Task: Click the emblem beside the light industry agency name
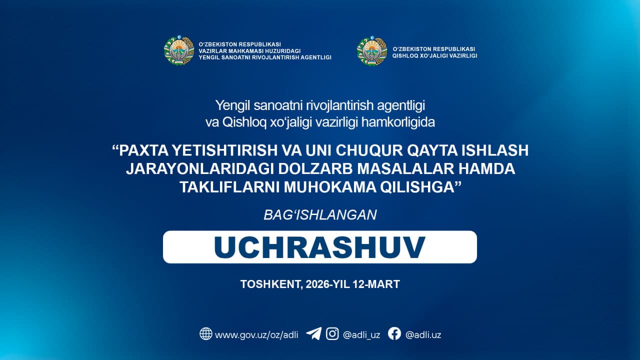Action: (x=179, y=50)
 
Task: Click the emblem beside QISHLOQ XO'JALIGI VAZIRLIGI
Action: (x=371, y=51)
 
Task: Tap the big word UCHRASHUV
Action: (x=319, y=247)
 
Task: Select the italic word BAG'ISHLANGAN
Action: (x=320, y=215)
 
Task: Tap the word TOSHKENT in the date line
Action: (x=271, y=284)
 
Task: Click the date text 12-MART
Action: (x=376, y=284)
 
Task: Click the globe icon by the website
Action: (x=205, y=333)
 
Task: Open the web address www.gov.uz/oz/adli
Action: (x=256, y=335)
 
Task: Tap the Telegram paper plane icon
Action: (x=313, y=333)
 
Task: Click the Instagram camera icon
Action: (x=332, y=333)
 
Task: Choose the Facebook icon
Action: (x=394, y=333)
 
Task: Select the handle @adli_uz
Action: (x=361, y=335)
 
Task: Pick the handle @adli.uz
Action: (x=423, y=335)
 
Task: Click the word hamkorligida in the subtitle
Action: (x=398, y=122)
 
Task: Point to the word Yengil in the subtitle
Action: (x=232, y=106)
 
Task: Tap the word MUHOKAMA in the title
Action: (x=329, y=187)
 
